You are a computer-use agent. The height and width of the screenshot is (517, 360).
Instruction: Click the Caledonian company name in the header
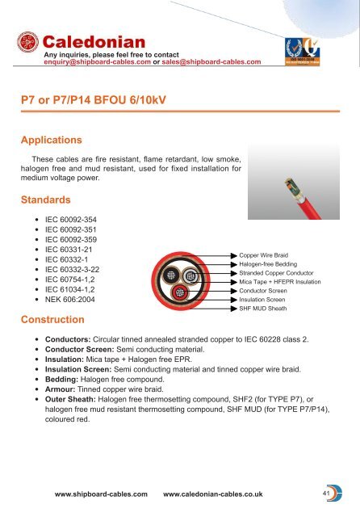pyautogui.click(x=93, y=41)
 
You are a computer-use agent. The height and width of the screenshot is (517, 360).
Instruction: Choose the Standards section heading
pyautogui.click(x=52, y=198)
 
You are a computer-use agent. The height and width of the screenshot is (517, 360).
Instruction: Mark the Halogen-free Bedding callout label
pyautogui.click(x=269, y=264)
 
